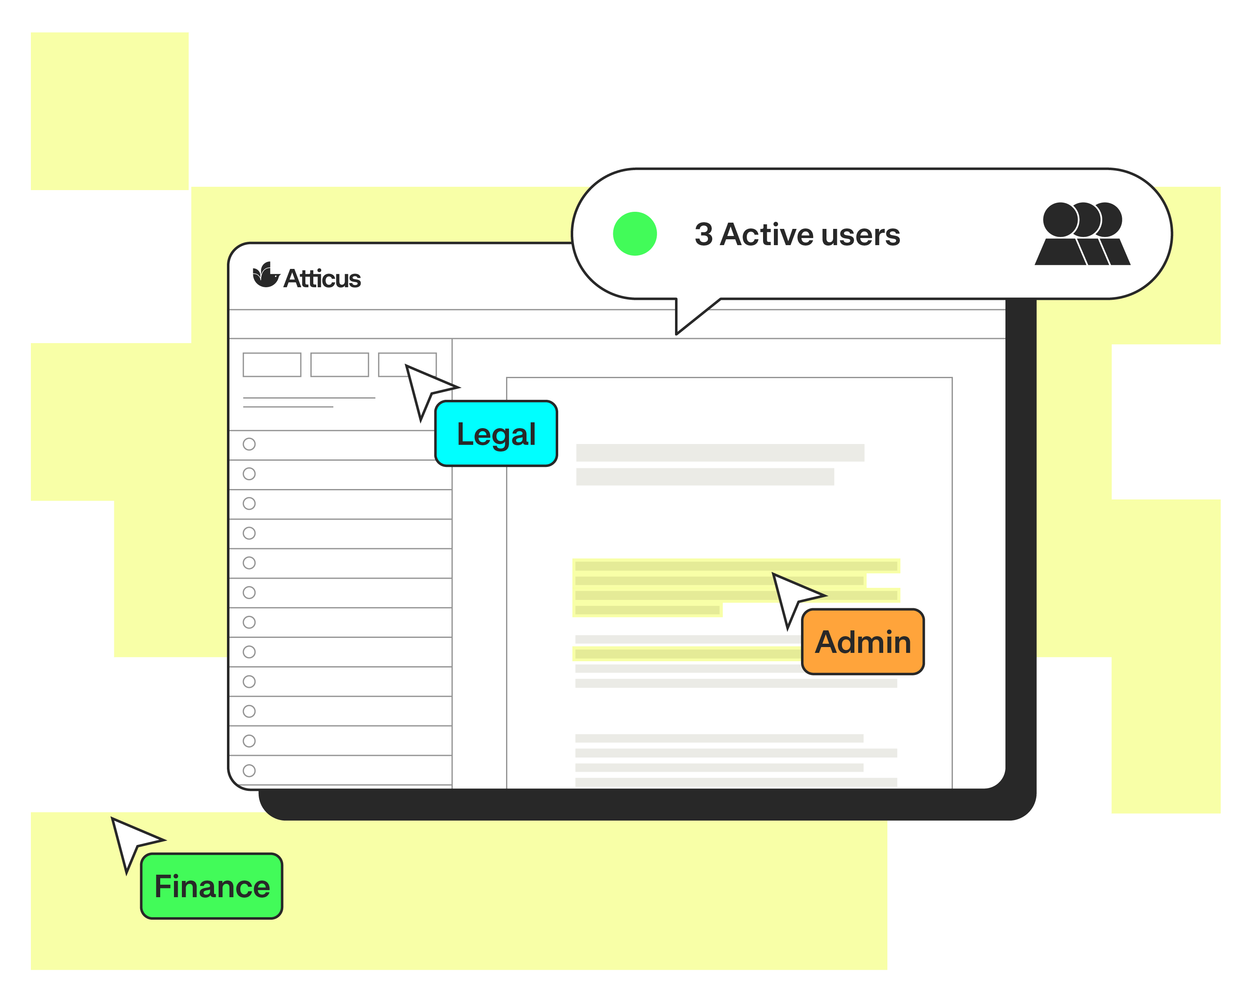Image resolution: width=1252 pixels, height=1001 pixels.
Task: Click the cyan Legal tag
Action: pos(496,434)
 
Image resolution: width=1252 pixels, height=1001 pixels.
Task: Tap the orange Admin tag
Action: pos(862,642)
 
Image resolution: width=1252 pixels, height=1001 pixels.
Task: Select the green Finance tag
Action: pos(212,886)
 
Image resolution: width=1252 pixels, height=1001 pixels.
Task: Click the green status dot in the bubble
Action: pos(635,234)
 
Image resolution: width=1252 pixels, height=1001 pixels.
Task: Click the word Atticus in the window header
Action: pos(322,278)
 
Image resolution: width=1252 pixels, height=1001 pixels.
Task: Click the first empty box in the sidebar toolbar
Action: pos(272,364)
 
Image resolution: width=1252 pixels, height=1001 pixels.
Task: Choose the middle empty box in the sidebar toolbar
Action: pos(340,364)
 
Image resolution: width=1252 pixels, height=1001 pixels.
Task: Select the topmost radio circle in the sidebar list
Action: pos(249,444)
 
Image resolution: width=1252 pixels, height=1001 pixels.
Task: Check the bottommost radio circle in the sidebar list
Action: pos(249,770)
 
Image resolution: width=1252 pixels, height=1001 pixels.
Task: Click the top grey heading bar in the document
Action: pos(720,453)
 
